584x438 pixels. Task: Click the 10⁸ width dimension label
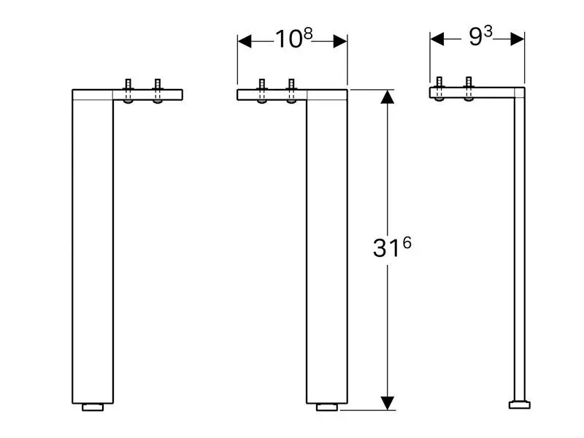pos(294,39)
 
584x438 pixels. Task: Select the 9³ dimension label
pos(480,36)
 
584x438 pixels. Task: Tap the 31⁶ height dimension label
pos(392,247)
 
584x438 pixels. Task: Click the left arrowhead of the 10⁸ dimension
pos(245,42)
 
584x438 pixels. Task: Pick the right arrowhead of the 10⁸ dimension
pos(340,42)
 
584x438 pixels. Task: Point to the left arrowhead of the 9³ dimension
pos(437,39)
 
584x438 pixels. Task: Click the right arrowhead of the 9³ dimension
pos(518,39)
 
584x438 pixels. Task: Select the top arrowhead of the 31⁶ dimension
pos(388,97)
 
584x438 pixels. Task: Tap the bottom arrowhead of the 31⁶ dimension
pos(388,404)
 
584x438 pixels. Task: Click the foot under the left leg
pos(93,407)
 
